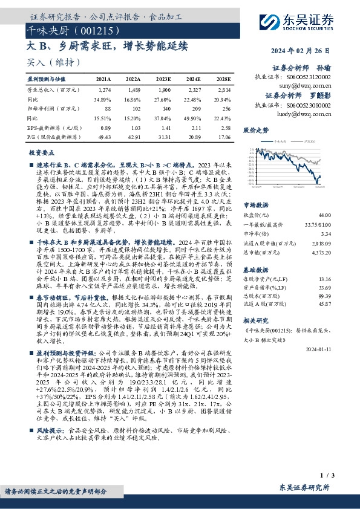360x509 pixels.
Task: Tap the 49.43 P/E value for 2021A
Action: click(103, 138)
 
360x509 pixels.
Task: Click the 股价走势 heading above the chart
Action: click(254, 130)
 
